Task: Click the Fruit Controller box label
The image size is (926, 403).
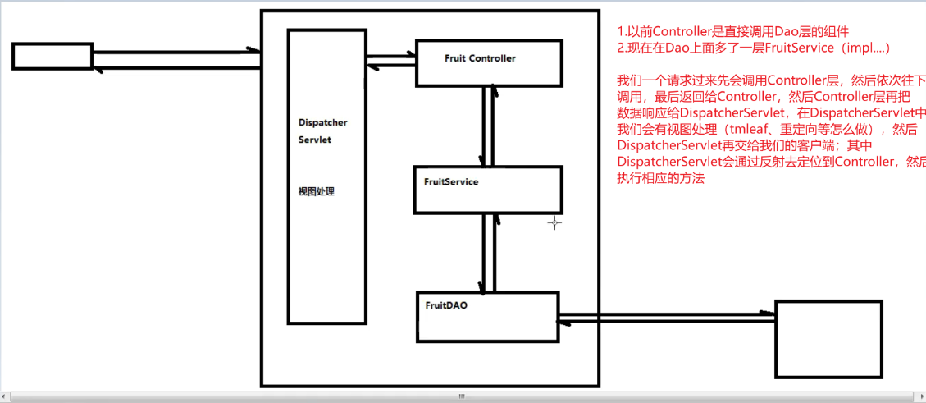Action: (480, 58)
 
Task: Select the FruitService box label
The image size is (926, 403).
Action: (451, 181)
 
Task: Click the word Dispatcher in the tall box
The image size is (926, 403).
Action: (322, 122)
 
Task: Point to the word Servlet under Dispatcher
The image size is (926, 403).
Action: (315, 140)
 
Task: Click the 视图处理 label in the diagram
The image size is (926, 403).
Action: (317, 192)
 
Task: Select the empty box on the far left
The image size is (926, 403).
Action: (52, 56)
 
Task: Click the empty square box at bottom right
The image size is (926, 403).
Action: (828, 338)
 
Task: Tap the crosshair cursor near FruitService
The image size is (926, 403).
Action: (554, 222)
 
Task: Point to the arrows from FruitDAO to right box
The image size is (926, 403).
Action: (666, 317)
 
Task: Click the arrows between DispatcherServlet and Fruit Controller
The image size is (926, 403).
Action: (392, 61)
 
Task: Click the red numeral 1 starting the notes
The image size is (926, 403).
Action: (620, 32)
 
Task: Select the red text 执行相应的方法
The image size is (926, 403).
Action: (660, 178)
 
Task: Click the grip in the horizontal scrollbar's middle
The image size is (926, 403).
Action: (462, 396)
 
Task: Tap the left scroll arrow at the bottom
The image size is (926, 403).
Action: (5, 396)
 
